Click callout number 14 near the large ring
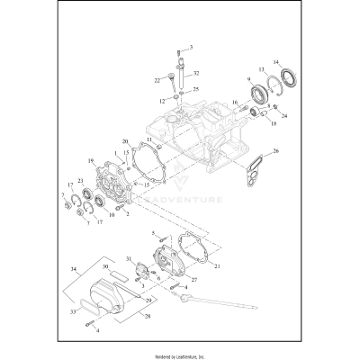[278, 61]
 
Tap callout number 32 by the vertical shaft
[196, 71]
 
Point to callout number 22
[157, 80]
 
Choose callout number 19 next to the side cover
[90, 160]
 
